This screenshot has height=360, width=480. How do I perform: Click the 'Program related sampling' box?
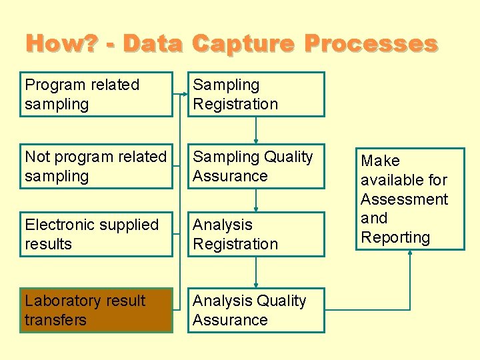[96, 94]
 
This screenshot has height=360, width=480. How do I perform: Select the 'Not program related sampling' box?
[96, 166]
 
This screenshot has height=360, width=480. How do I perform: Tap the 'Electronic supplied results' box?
[96, 234]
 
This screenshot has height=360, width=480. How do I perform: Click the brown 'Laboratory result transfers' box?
[96, 310]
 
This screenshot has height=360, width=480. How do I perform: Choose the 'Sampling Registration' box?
[256, 94]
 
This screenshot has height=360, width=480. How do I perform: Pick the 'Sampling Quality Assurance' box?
[256, 166]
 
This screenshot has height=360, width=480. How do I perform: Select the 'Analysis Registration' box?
[256, 234]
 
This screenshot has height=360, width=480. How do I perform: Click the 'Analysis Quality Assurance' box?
[256, 310]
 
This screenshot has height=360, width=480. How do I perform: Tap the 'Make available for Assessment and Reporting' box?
[410, 199]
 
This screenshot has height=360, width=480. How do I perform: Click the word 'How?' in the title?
[61, 44]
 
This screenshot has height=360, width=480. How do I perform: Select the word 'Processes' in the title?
[371, 44]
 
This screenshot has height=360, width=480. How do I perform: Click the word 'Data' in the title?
[153, 44]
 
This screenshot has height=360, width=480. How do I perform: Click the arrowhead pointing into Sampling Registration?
[185, 94]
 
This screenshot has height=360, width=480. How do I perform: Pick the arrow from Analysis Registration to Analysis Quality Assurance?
[256, 272]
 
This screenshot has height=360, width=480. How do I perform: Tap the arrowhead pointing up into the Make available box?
[410, 254]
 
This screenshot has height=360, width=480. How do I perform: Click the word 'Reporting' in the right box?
[395, 237]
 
